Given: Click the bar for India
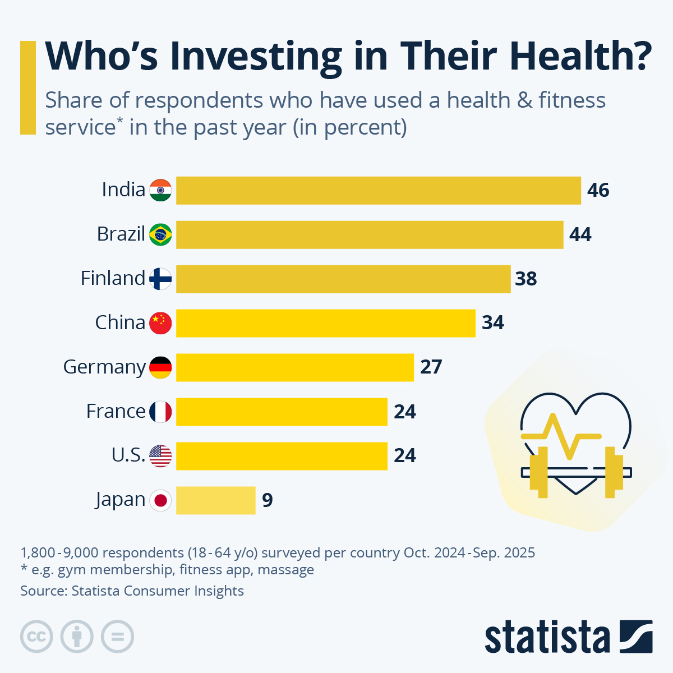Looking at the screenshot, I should (379, 190).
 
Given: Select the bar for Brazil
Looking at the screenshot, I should (370, 234).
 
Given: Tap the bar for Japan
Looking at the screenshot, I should (216, 500).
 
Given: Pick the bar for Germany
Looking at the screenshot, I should (295, 367).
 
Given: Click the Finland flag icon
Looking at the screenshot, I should (160, 279).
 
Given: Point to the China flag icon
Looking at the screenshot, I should (160, 323).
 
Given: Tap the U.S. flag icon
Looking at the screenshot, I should (160, 456).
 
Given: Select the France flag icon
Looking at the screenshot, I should (160, 412).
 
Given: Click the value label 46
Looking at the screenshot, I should (598, 191).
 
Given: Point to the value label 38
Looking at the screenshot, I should (526, 279).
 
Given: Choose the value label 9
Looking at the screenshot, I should (268, 500).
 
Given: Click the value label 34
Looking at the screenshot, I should (493, 323).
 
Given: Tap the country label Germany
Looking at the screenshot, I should (104, 367).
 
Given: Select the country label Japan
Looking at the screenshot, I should (120, 500).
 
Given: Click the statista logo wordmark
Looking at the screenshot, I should (547, 637).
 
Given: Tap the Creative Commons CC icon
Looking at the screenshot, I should (36, 637).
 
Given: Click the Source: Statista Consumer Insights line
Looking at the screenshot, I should (132, 591).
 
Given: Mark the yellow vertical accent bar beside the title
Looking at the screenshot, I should (27, 87).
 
